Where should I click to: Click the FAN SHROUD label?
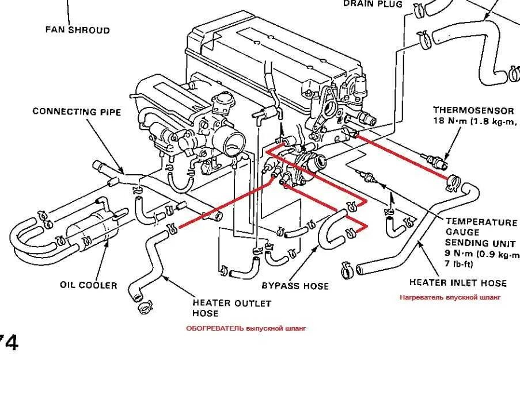(77, 30)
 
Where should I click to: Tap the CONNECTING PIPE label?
(77, 112)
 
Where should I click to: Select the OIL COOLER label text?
(88, 285)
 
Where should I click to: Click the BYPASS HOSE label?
(295, 286)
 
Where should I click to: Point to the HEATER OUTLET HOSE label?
(231, 308)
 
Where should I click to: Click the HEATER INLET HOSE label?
(458, 283)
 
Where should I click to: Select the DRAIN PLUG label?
(374, 3)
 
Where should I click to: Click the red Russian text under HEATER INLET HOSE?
(450, 297)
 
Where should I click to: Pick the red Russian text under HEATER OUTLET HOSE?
(246, 328)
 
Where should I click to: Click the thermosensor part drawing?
(434, 159)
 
